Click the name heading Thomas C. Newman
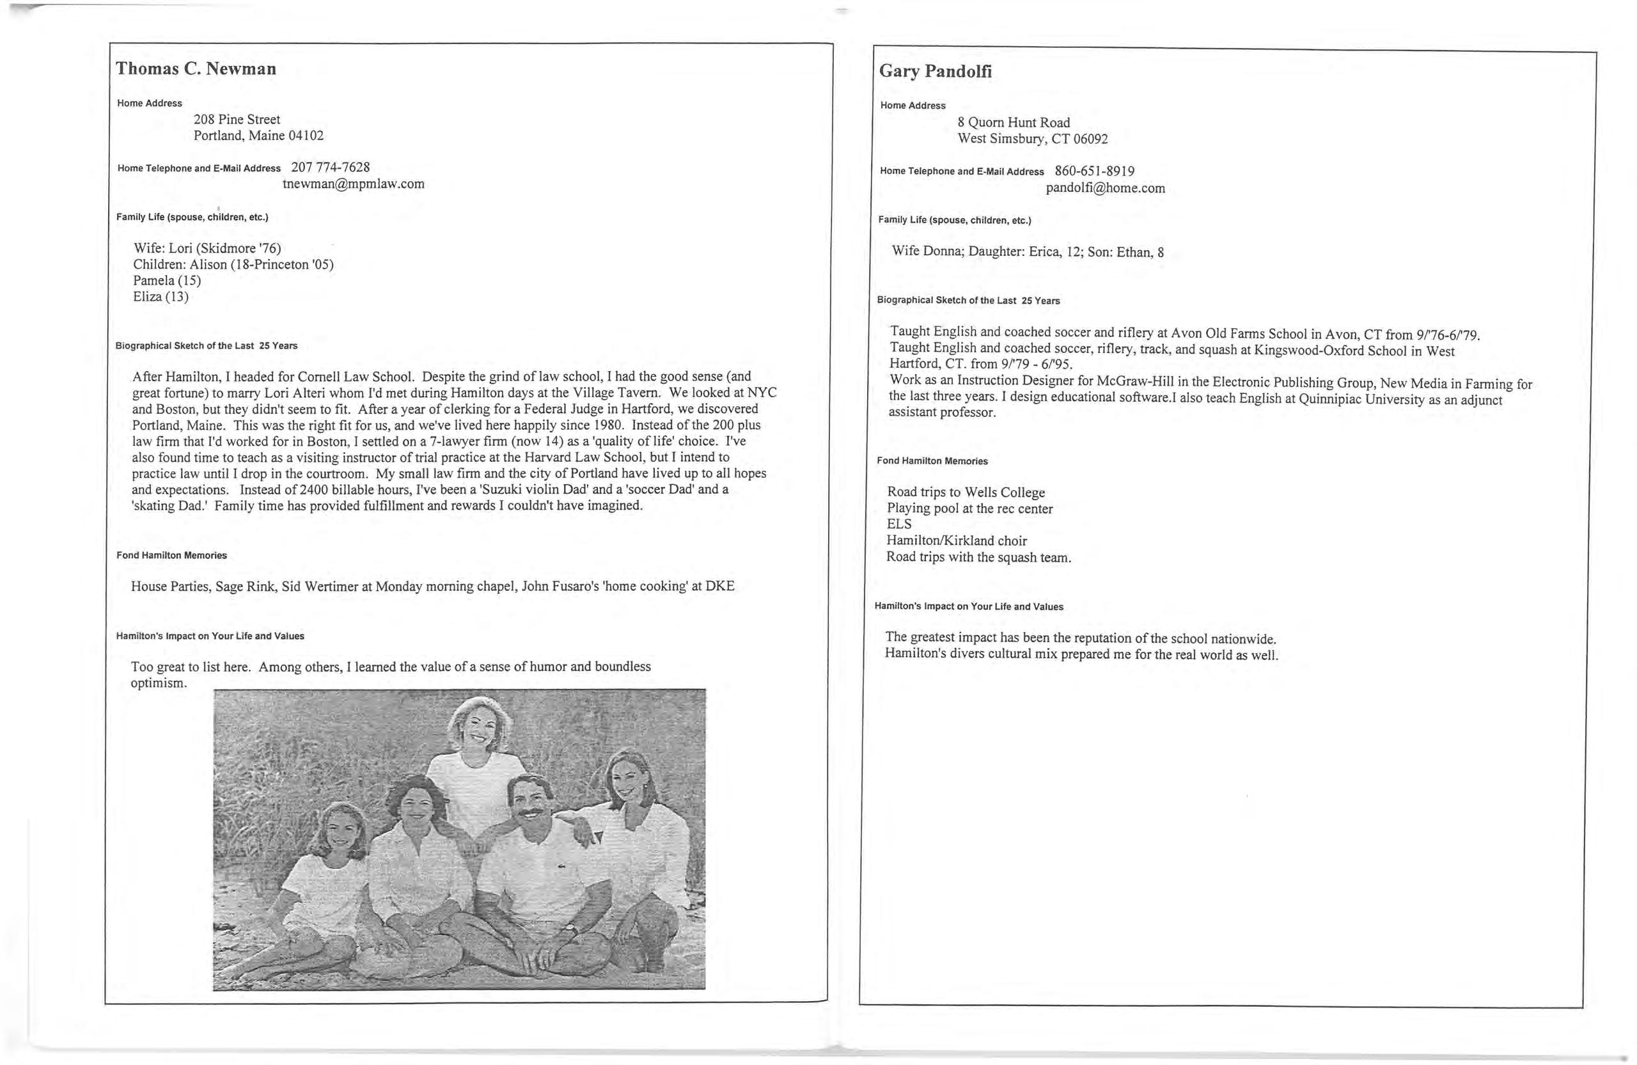(x=196, y=69)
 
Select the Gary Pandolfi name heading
(x=936, y=72)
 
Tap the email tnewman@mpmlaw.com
(x=354, y=184)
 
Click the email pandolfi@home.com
(x=1106, y=188)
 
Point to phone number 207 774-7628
(x=331, y=167)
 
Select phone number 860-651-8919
(x=1094, y=171)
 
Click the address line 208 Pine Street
(x=237, y=120)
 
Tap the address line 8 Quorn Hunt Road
(x=1014, y=122)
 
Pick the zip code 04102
(x=306, y=136)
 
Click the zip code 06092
(x=1090, y=139)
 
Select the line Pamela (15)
(x=167, y=281)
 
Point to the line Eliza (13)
(x=161, y=297)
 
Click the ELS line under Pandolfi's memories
(x=899, y=525)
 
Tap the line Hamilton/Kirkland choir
(x=956, y=540)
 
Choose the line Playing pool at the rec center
(x=969, y=509)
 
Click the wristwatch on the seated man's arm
(x=570, y=928)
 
